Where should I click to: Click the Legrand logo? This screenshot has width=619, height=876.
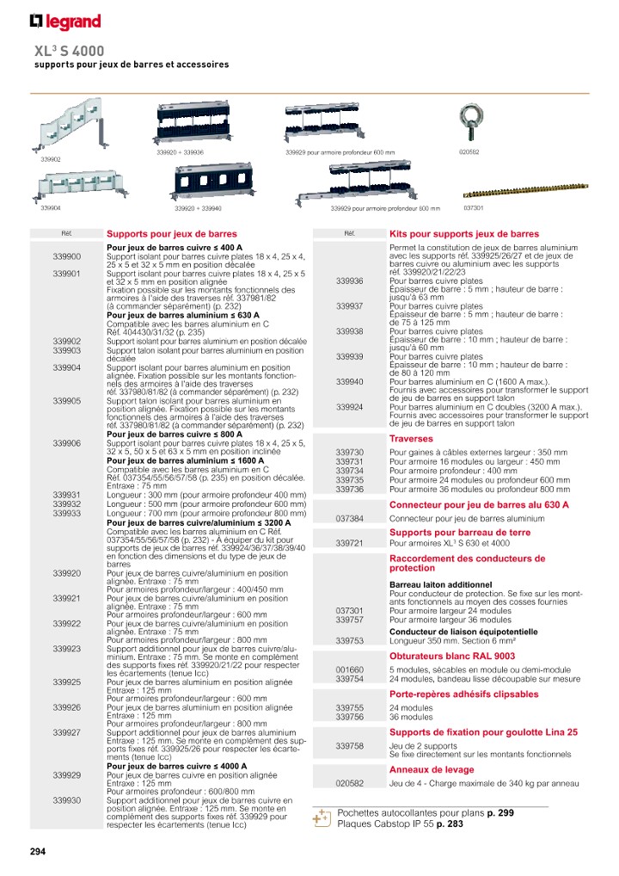(x=65, y=22)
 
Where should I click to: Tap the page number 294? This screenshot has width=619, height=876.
(x=38, y=852)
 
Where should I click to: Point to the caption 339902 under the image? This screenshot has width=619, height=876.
(x=51, y=159)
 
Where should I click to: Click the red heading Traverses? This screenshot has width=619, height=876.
(x=410, y=438)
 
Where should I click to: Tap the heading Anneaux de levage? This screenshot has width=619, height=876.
(x=432, y=769)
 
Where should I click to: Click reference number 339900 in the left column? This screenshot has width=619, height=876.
(x=66, y=256)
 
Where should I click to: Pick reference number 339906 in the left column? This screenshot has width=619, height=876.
(x=66, y=443)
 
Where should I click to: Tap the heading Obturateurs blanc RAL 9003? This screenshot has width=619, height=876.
(x=452, y=655)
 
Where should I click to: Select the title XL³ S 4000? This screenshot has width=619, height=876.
(x=69, y=51)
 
